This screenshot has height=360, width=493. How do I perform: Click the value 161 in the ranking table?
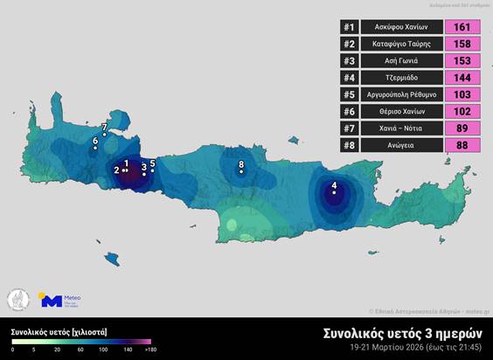pos(465,28)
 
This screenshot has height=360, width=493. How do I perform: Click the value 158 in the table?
pos(465,45)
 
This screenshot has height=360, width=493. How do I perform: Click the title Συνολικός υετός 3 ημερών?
pos(404,333)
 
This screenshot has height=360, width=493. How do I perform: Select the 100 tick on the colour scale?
pos(103,350)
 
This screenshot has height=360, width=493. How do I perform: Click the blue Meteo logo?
pos(52,301)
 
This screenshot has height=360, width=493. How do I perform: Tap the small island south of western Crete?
pos(112,259)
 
